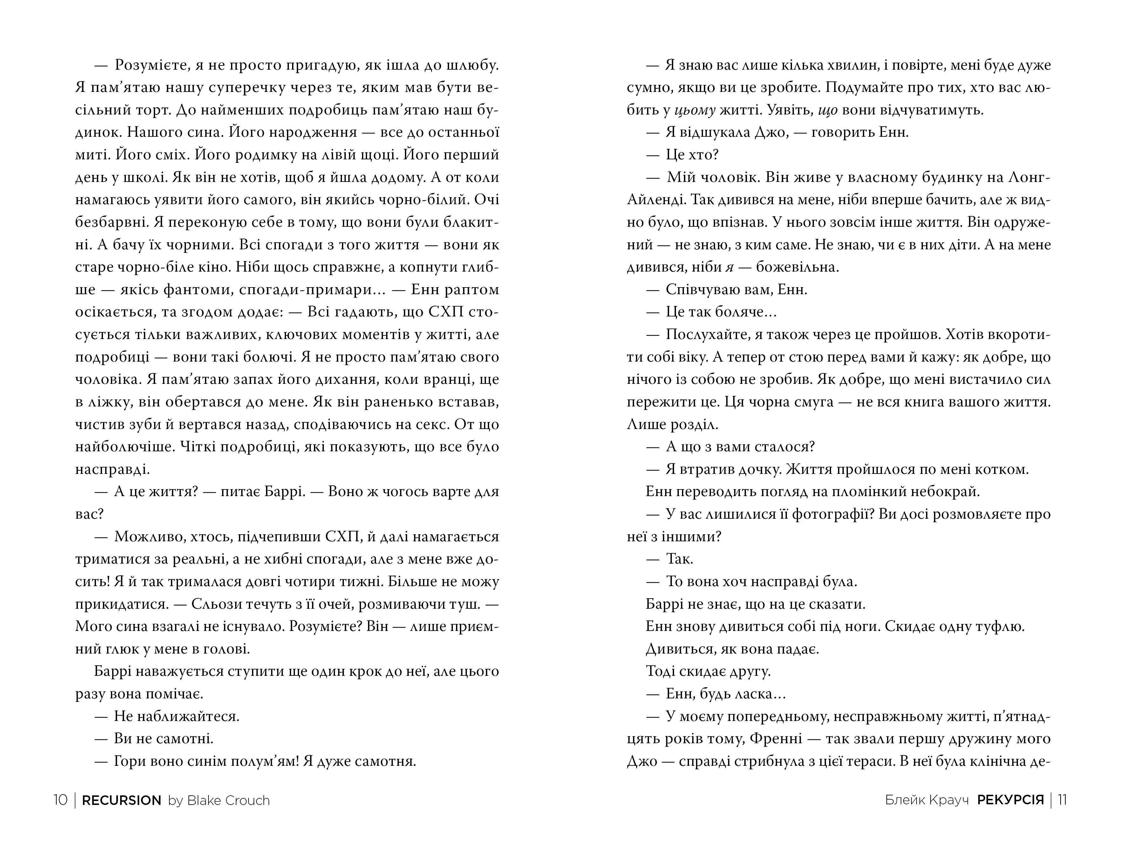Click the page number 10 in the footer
tap(60, 800)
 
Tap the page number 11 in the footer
tap(1062, 800)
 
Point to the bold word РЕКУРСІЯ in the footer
tap(1010, 800)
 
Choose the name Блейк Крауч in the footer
tap(926, 800)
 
